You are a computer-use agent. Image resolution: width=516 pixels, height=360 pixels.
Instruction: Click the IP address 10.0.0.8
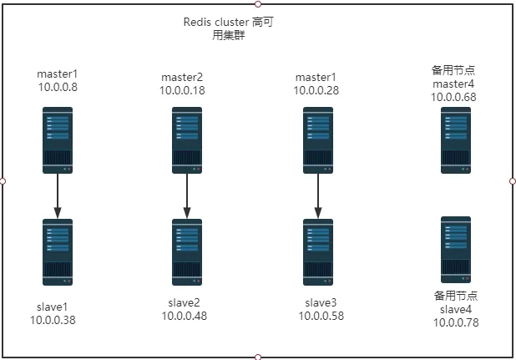58,87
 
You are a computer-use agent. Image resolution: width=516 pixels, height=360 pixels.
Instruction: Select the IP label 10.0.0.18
182,90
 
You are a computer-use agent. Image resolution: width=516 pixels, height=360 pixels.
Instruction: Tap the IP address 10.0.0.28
316,90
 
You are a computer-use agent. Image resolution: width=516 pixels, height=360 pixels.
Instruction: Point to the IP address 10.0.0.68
453,97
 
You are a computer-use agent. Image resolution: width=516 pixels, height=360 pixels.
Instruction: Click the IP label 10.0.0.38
53,320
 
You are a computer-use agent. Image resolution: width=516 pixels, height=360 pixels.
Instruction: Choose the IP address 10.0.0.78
456,322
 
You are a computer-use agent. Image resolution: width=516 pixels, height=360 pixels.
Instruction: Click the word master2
182,78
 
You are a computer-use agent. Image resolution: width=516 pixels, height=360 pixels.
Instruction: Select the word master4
453,84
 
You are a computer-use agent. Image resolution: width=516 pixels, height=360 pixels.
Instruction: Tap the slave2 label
184,302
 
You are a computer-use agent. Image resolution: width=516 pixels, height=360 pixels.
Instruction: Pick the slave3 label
321,302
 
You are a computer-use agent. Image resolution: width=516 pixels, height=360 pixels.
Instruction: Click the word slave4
456,310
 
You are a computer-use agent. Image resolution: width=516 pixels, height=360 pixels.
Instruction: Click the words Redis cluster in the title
216,22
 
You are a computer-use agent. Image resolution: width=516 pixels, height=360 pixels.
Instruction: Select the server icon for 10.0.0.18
187,140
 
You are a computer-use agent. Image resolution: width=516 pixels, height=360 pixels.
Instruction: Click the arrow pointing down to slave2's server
187,196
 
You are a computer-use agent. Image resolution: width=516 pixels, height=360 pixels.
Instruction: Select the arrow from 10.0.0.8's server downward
58,196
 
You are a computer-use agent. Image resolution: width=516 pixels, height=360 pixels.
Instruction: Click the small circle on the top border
258,4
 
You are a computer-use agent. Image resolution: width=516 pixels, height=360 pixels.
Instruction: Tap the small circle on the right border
513,181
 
